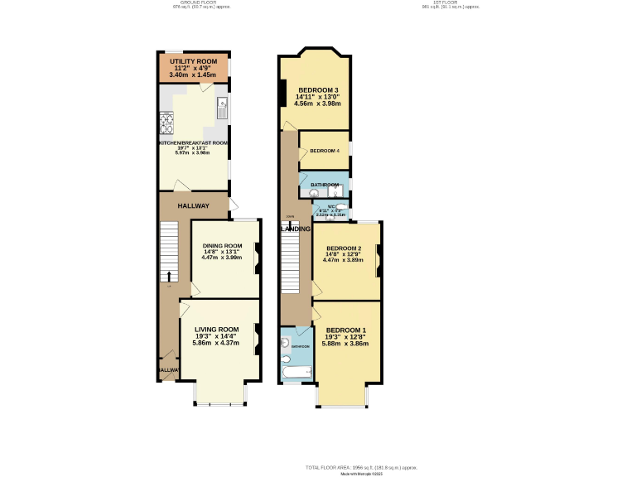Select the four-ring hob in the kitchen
(x=166, y=123)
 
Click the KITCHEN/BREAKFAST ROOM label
(x=193, y=142)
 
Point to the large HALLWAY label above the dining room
(x=193, y=205)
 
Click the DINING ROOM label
(x=222, y=245)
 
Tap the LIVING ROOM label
(x=216, y=330)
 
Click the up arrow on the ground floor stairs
(x=169, y=276)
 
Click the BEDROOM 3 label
(x=318, y=89)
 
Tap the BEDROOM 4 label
(x=324, y=151)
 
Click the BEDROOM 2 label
(x=343, y=248)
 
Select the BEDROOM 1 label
(x=346, y=330)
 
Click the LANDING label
(x=296, y=229)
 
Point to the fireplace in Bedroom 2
(x=378, y=261)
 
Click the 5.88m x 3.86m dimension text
(x=346, y=343)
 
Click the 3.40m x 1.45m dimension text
(x=192, y=75)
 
